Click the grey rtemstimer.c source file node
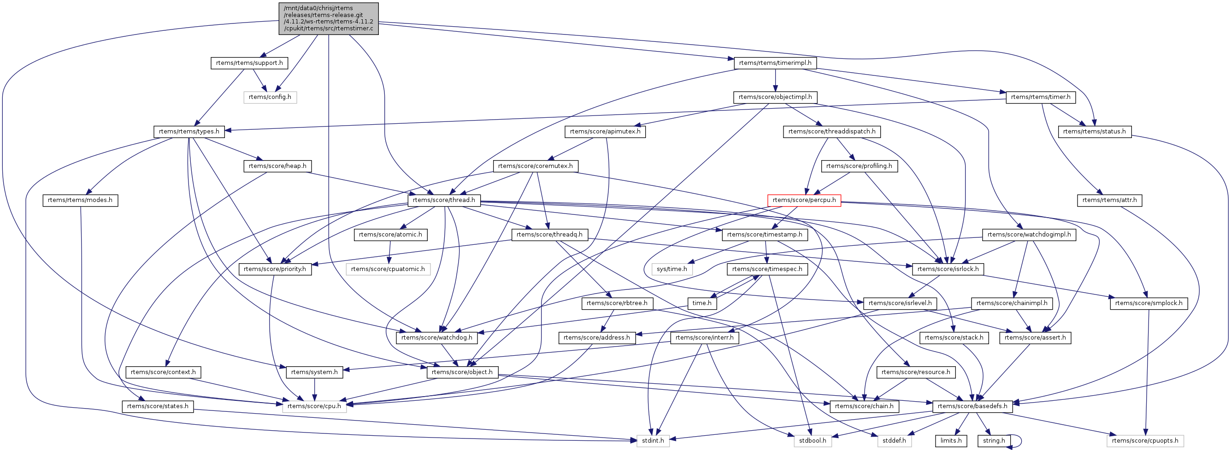coord(328,18)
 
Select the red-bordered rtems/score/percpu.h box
coord(804,201)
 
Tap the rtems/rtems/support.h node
coord(249,63)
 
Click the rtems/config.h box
coord(270,98)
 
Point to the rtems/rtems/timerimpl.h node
coord(775,63)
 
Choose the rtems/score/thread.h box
coord(444,201)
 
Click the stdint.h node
coord(653,441)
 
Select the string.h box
coord(994,441)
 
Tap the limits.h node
coord(951,441)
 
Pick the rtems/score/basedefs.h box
coord(972,407)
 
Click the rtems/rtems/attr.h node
coord(1110,201)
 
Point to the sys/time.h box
coord(671,269)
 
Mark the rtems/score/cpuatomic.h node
coord(388,269)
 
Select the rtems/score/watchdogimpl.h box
coord(1029,235)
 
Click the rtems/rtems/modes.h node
coord(80,201)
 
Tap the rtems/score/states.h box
coord(158,407)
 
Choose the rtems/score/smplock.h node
coord(1149,304)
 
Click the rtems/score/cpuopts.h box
coord(1145,441)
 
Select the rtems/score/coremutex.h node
coord(535,166)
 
